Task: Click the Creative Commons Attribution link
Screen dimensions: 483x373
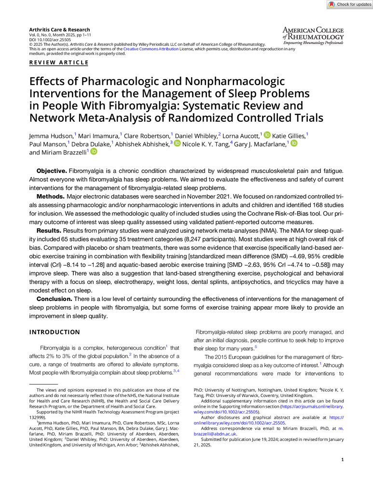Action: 151,49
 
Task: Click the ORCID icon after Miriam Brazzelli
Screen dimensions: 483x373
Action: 94,152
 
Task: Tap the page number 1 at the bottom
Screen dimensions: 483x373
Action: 342,460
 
